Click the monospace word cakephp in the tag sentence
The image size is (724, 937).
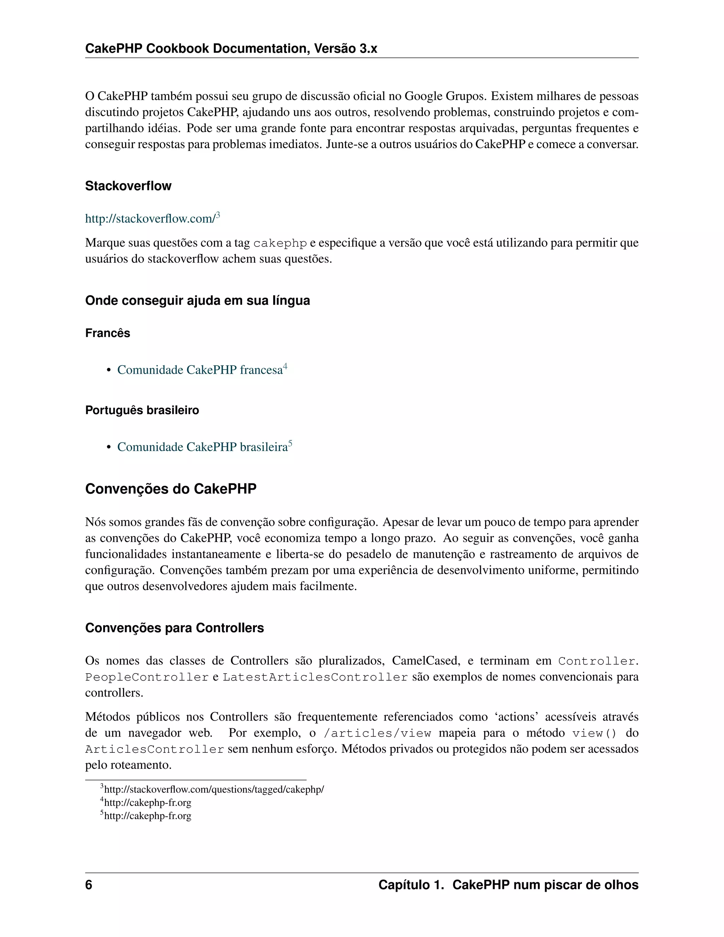tap(280, 243)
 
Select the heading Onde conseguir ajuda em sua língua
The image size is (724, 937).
tap(197, 300)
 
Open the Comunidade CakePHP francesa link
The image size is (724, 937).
tap(199, 370)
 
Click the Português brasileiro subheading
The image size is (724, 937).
tap(142, 410)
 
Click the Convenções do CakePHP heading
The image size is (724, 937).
tap(171, 489)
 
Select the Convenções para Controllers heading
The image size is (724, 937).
tap(174, 628)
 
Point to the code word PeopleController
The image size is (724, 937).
tap(147, 677)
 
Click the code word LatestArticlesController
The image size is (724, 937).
tap(315, 677)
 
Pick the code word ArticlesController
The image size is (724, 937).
tap(154, 750)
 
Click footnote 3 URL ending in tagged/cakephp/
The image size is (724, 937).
tap(214, 790)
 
